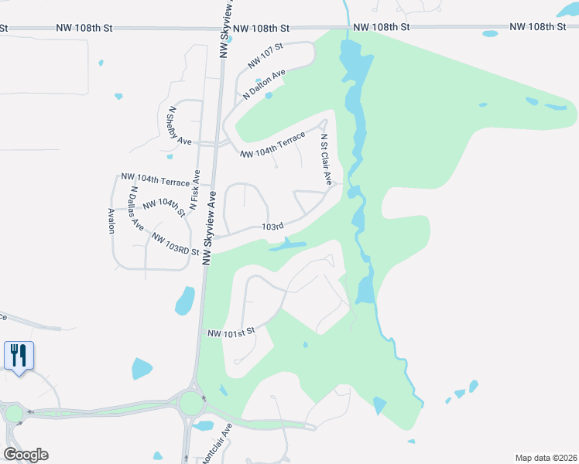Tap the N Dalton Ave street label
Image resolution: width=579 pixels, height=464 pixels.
point(265,83)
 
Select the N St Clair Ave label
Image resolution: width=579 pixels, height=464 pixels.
point(327,159)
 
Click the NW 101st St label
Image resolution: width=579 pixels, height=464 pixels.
point(231,333)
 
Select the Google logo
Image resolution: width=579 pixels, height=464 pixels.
point(26,455)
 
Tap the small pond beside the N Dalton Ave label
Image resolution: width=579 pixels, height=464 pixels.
point(269,96)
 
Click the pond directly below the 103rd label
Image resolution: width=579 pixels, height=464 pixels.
point(289,246)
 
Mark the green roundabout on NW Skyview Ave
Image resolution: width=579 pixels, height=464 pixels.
point(190,403)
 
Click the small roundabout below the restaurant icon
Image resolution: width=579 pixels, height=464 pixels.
point(15,414)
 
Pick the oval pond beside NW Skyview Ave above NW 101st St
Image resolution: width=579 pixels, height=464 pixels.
point(185,300)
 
